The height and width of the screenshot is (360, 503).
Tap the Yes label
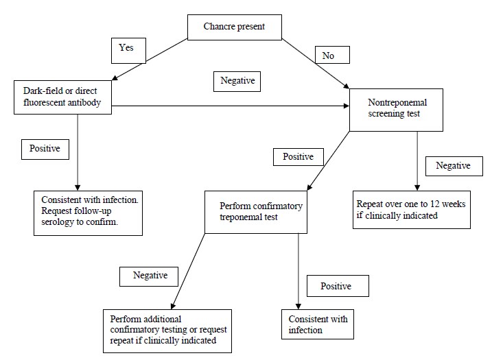pos(127,49)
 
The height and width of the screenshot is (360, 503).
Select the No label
pos(328,55)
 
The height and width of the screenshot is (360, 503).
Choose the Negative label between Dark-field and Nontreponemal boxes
pos(237,80)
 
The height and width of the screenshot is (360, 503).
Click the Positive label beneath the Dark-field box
pos(45,149)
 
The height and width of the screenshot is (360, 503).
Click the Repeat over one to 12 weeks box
pos(412,209)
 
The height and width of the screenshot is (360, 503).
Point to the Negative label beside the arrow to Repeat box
pos(453,166)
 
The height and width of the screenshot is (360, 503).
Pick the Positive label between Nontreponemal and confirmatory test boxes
pos(298,156)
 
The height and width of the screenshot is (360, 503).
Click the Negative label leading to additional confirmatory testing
pos(149,276)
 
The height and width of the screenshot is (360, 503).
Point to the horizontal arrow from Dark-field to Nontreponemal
pos(230,106)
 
